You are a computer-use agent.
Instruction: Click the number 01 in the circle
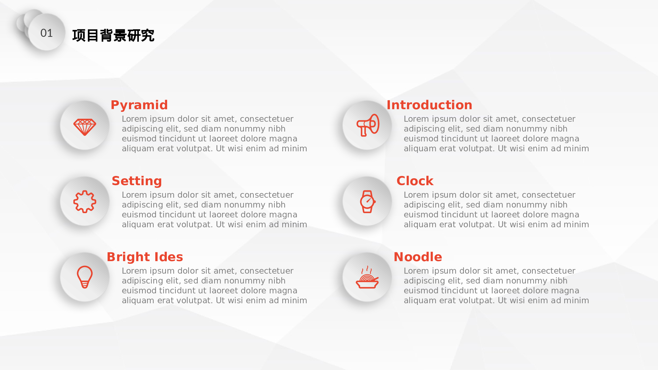click(46, 33)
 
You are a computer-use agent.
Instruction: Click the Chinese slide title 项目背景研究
click(113, 36)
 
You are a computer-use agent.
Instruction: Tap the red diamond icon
click(85, 127)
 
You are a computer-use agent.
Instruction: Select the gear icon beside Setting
click(85, 202)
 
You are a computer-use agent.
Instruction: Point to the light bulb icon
click(85, 277)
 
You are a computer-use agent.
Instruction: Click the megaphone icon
click(368, 125)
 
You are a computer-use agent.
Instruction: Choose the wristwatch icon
click(367, 202)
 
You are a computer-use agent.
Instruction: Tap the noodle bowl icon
click(367, 277)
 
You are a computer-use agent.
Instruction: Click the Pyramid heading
click(139, 105)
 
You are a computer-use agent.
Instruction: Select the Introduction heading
click(429, 105)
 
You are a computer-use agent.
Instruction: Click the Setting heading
click(137, 181)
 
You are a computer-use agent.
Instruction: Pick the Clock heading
click(415, 181)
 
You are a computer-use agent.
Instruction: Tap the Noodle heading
click(418, 257)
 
